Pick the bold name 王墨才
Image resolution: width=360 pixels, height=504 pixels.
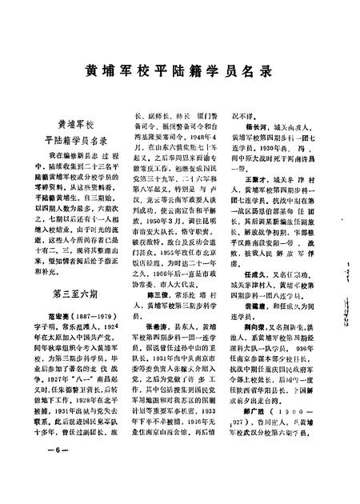click(257, 202)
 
